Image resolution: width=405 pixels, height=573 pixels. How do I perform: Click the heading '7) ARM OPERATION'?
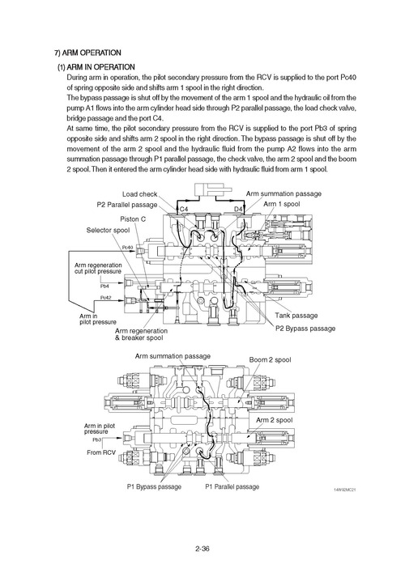(88, 52)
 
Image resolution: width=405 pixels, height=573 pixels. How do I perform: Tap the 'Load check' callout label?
(140, 194)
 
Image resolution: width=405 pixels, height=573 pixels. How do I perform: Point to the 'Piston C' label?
(133, 219)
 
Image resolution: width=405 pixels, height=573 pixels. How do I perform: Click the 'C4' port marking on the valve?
(184, 210)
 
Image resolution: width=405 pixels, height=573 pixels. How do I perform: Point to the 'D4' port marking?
(238, 210)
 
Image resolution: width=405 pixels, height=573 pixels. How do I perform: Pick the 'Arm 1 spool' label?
(282, 206)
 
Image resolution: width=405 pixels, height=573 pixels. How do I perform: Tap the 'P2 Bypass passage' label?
(305, 329)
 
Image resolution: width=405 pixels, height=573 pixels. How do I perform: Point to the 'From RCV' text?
(101, 452)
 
